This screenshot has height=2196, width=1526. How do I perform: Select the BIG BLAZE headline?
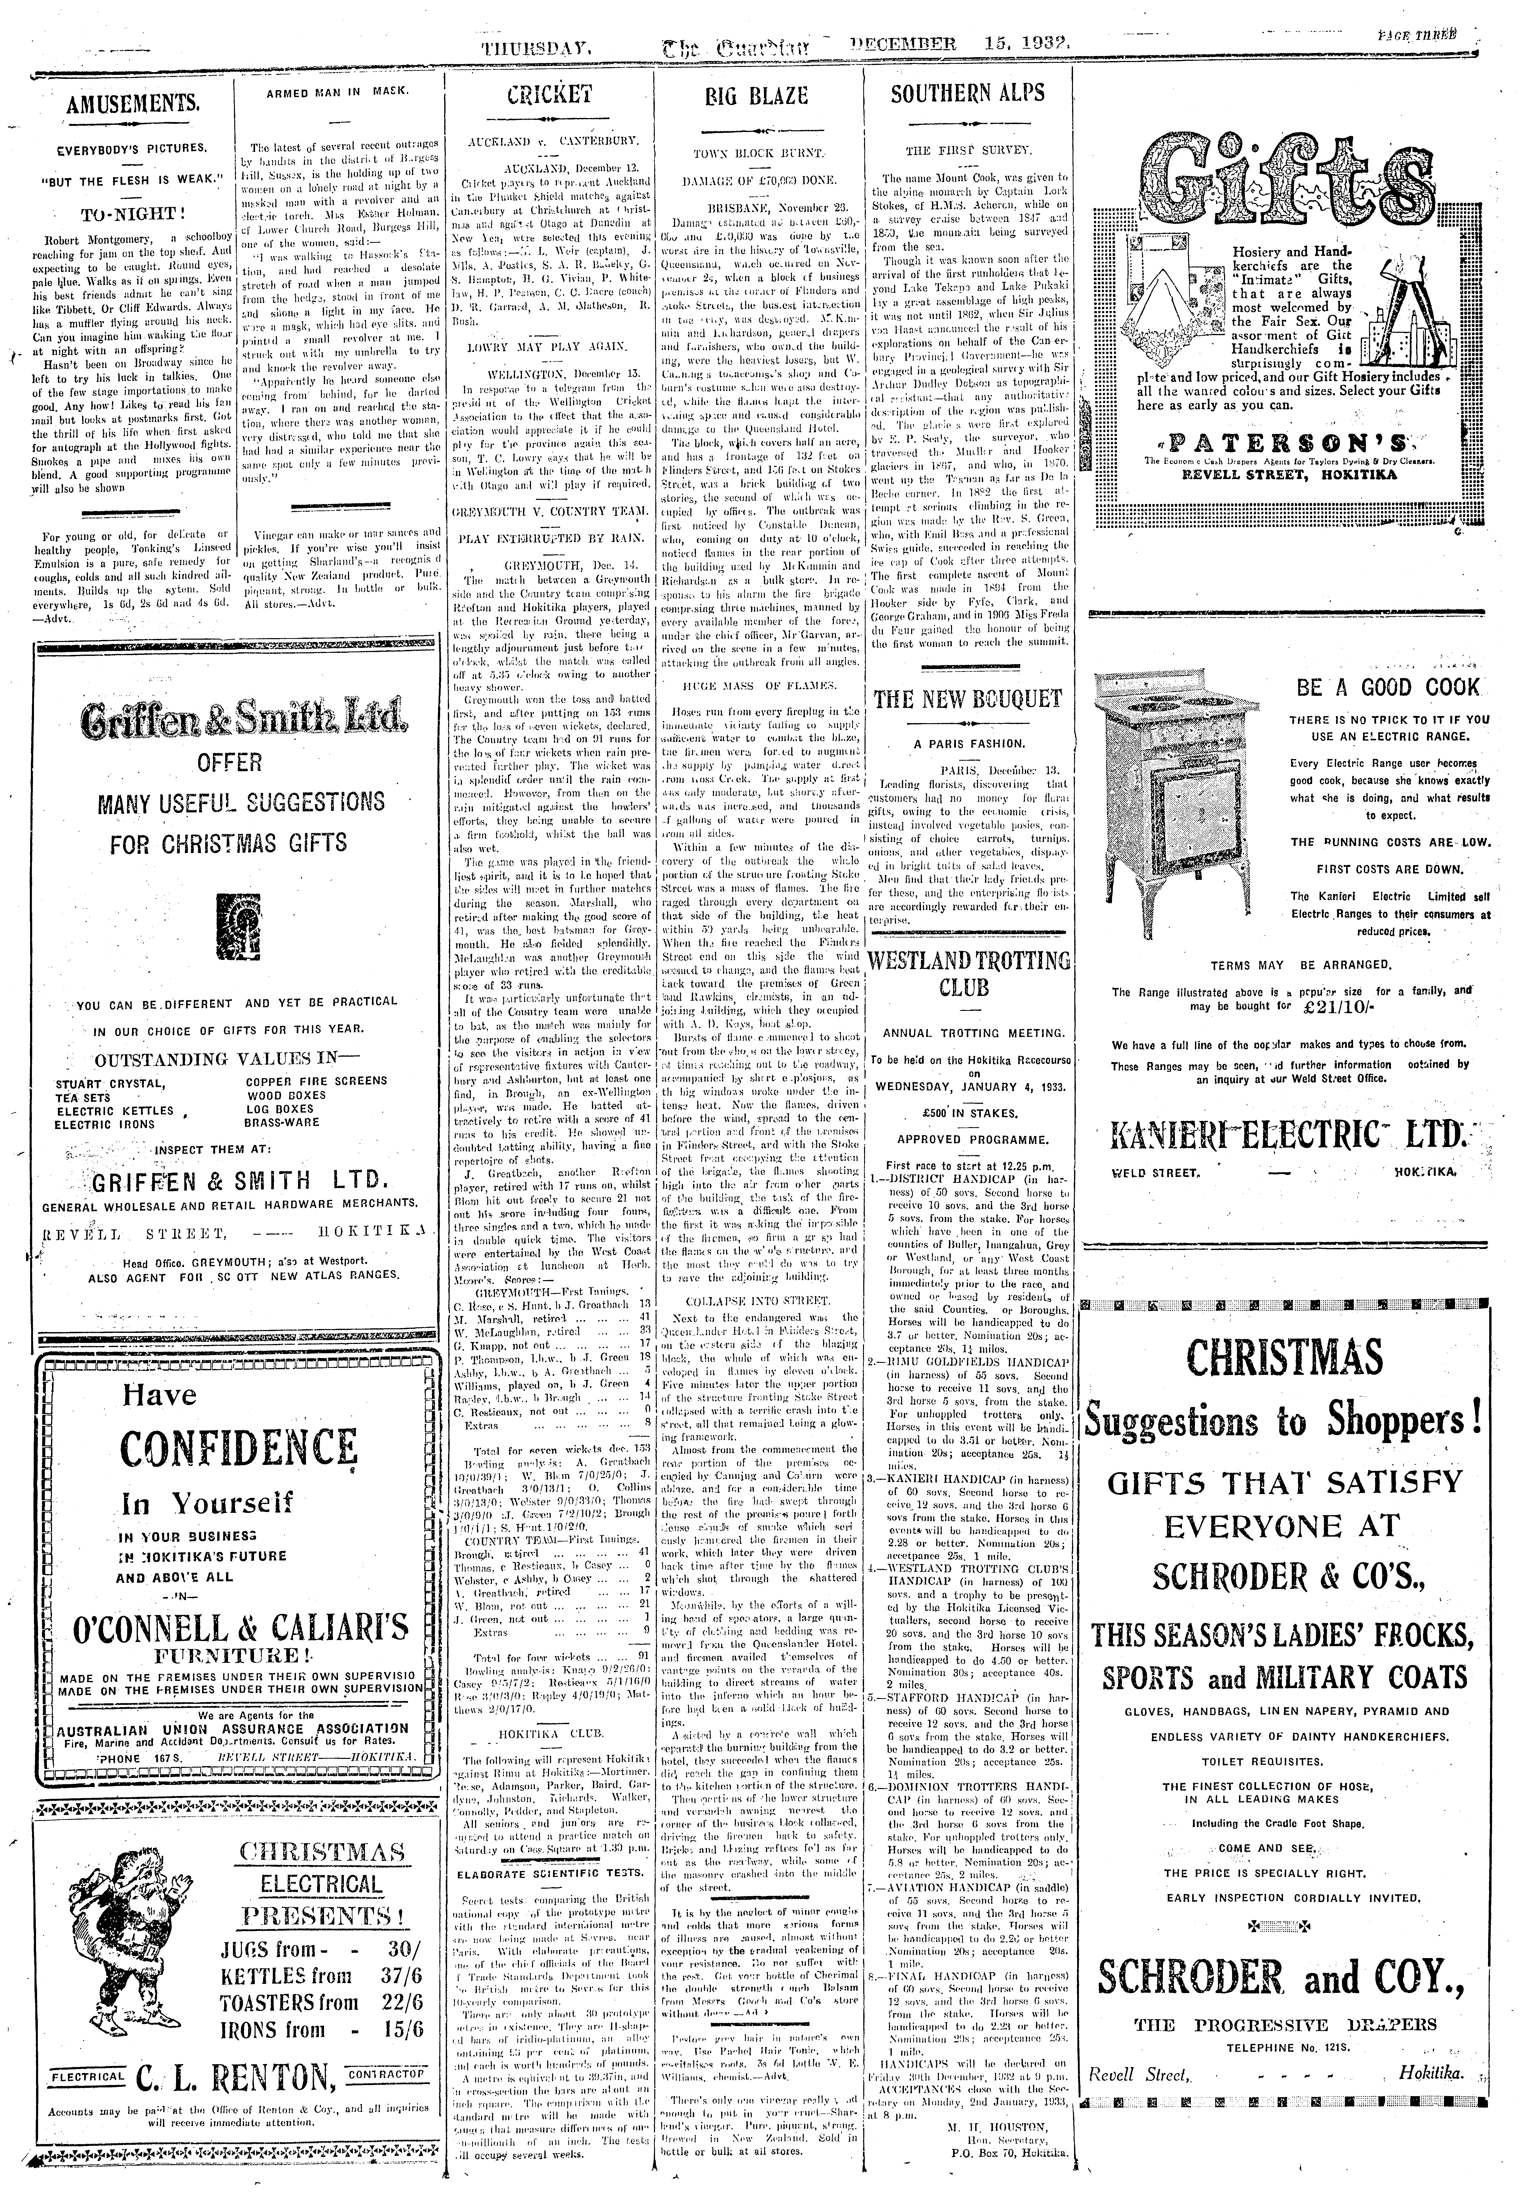pyautogui.click(x=756, y=96)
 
